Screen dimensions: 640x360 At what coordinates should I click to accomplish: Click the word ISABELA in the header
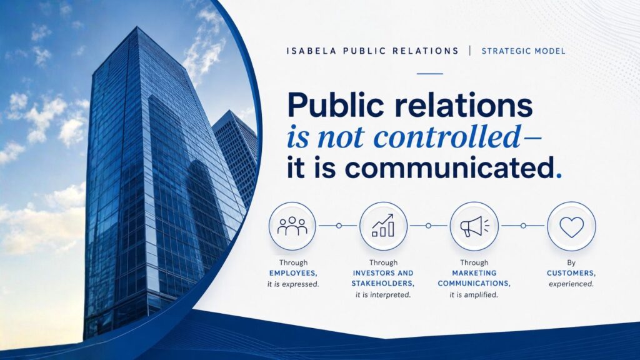(311, 51)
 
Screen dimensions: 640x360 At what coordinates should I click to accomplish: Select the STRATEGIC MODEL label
(523, 51)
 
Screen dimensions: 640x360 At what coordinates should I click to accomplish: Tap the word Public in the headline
(336, 105)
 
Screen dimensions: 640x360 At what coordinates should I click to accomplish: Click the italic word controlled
(447, 136)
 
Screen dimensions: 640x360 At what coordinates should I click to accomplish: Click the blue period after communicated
(559, 176)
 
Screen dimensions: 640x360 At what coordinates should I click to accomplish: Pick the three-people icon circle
(292, 226)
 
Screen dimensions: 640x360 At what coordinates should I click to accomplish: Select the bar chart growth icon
(383, 226)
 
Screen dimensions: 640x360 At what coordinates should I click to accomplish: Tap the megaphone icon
(474, 226)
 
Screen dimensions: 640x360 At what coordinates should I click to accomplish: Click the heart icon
(571, 226)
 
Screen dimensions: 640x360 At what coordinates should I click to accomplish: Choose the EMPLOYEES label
(293, 273)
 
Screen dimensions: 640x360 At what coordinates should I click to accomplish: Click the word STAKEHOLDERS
(383, 283)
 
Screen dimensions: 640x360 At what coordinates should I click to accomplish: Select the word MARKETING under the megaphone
(474, 273)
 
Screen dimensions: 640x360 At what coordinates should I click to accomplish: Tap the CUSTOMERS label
(571, 273)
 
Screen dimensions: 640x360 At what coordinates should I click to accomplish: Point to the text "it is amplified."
(474, 295)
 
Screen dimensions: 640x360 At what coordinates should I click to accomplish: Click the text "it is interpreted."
(383, 295)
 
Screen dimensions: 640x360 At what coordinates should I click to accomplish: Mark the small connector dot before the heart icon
(523, 226)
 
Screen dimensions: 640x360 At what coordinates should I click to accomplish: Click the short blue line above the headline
(430, 74)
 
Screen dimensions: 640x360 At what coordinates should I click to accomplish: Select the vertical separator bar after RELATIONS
(470, 51)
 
